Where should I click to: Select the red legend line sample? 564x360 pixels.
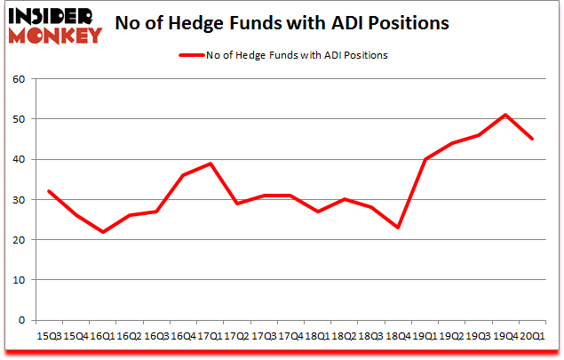point(191,55)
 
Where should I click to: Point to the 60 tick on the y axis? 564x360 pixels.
point(20,79)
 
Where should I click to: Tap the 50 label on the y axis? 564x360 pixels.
point(20,119)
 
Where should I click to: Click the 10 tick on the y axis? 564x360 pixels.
point(20,280)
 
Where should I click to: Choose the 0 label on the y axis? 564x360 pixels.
point(22,320)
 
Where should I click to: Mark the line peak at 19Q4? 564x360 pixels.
point(505,115)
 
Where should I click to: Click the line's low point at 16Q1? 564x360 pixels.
point(103,232)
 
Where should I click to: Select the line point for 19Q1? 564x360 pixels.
point(425,159)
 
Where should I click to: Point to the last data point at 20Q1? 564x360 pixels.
point(533,139)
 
